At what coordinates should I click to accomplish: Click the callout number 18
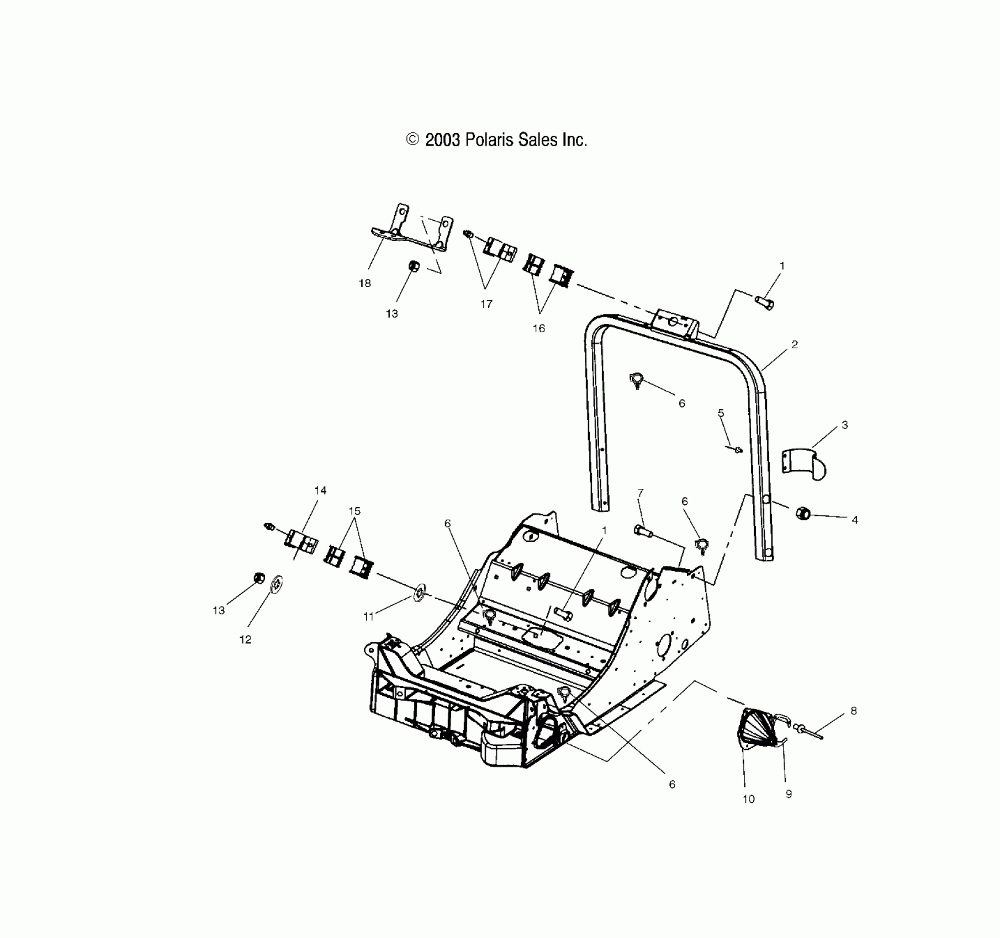click(x=364, y=284)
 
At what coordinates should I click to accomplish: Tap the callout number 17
click(x=486, y=304)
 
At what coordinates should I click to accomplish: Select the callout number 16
click(x=538, y=329)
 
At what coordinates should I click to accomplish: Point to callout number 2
click(x=794, y=345)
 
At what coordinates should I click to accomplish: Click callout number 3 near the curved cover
click(x=844, y=425)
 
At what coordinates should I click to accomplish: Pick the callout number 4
click(x=855, y=520)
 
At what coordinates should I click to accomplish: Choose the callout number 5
click(x=721, y=413)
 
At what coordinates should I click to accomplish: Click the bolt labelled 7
click(x=643, y=531)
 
